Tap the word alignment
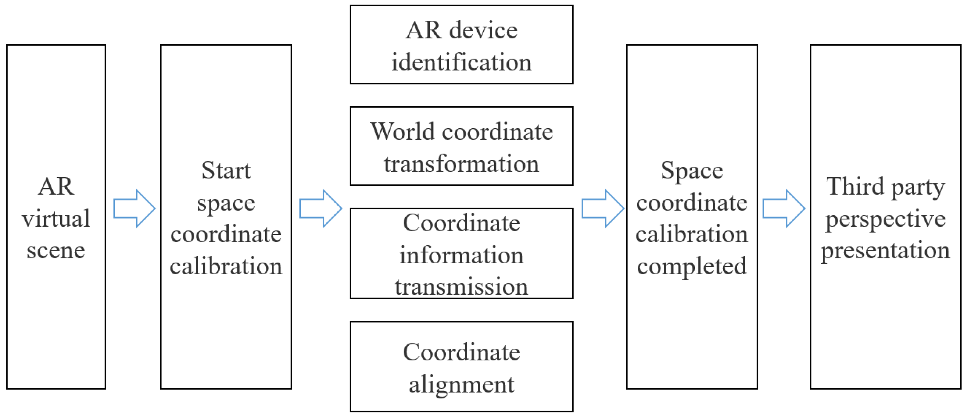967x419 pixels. pos(462,385)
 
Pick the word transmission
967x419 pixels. pos(462,286)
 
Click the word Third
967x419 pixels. pos(855,187)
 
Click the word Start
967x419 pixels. pos(226,171)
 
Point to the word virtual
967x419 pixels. pos(56,218)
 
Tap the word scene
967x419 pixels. pos(56,250)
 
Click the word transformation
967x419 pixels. pos(462,164)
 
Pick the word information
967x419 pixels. pos(462,255)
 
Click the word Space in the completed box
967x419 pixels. pos(691,171)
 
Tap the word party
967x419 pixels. pos(918,187)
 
